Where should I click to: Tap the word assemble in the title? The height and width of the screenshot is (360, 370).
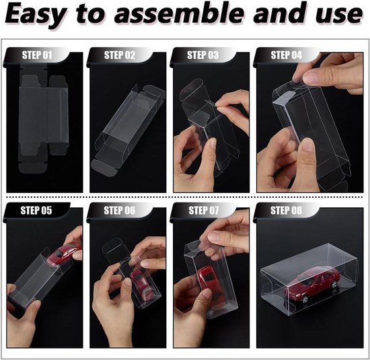[179, 13]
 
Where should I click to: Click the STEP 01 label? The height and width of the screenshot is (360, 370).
[37, 55]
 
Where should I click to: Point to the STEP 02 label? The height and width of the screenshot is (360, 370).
[120, 55]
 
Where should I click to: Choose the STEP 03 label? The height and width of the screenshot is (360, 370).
[203, 55]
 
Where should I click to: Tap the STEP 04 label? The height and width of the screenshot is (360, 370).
[286, 55]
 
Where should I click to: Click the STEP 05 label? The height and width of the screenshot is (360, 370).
[36, 211]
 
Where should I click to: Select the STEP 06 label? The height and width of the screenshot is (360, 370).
[120, 211]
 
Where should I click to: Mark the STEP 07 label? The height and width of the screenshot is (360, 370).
[204, 211]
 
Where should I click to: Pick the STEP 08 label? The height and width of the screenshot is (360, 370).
[286, 211]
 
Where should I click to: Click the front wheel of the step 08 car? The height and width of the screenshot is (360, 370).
[304, 299]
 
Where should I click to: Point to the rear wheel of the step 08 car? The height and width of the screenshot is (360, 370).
[334, 285]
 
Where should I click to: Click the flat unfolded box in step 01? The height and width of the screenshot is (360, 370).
[44, 118]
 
